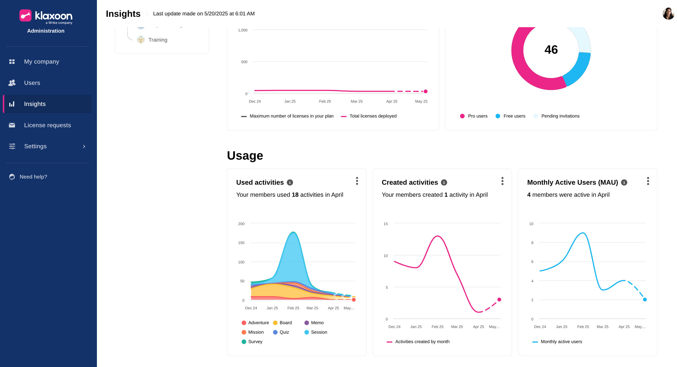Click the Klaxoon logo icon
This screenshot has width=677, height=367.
[25, 16]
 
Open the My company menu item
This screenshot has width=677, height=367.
[42, 61]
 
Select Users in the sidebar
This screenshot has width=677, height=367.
[32, 83]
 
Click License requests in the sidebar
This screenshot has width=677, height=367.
[47, 125]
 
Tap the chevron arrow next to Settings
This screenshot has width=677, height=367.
[84, 146]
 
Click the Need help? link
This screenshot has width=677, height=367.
[33, 177]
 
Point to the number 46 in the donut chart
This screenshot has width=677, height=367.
[551, 50]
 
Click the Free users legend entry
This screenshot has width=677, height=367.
[510, 116]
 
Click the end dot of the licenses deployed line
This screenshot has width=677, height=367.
[425, 92]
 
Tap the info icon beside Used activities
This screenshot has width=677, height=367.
[290, 183]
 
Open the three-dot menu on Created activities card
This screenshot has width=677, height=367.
[502, 181]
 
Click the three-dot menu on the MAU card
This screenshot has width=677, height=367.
[648, 181]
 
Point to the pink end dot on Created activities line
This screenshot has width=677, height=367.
[499, 299]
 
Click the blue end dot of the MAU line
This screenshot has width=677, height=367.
[645, 299]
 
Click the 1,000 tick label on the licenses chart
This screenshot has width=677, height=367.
[243, 30]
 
